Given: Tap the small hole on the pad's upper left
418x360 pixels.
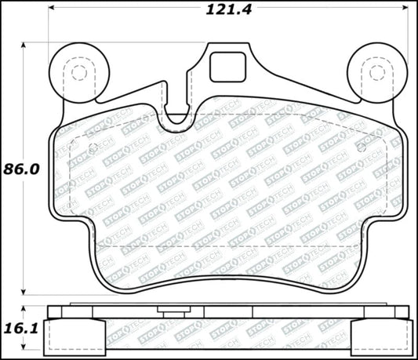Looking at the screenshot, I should [x=92, y=147].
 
